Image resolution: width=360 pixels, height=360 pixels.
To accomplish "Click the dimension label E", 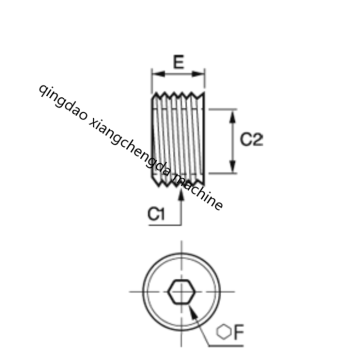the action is (179, 62).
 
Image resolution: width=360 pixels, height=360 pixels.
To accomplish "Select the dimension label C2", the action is (252, 140).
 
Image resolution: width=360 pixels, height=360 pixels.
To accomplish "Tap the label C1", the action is (156, 214).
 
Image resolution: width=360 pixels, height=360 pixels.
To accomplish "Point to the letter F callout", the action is (239, 332).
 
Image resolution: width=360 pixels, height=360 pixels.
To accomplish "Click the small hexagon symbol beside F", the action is (224, 332).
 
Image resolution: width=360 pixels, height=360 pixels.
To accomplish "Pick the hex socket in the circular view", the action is (181, 292).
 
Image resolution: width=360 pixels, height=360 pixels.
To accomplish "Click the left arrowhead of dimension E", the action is (158, 74).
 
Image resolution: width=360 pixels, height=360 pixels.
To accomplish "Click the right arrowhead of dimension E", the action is (198, 74).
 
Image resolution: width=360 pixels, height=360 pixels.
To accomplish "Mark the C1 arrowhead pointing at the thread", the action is (181, 194).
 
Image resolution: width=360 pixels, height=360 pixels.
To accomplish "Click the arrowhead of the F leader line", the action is (193, 312).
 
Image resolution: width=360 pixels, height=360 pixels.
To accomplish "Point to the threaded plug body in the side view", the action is (178, 139).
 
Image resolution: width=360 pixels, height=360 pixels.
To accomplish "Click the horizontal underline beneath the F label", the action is (226, 346).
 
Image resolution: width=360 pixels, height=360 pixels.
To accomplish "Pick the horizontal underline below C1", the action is (165, 225).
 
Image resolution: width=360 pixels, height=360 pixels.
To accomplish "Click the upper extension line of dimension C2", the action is (223, 109).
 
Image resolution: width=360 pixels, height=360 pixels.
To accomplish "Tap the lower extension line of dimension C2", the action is (223, 173).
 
